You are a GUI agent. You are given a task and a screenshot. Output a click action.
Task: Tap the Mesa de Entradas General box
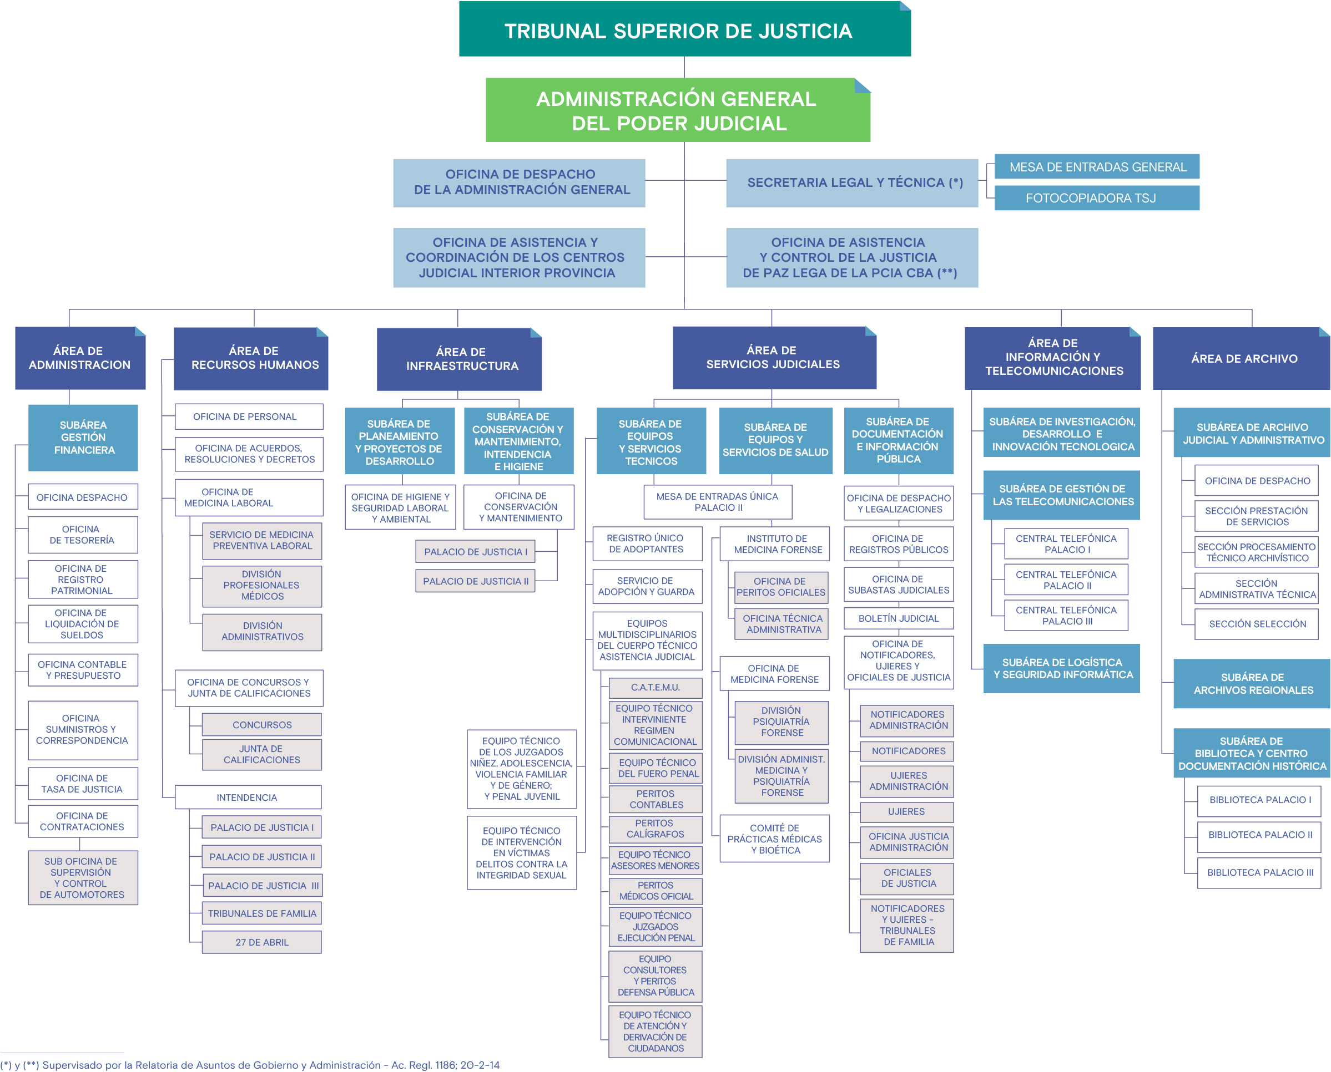pos(1097,167)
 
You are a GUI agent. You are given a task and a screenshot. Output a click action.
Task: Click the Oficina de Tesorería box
pos(83,535)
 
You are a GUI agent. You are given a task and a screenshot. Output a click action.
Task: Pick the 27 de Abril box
pos(261,942)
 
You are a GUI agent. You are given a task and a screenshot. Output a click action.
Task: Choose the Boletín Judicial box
pos(898,618)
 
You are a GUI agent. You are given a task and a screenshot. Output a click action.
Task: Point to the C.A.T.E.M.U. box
pos(655,687)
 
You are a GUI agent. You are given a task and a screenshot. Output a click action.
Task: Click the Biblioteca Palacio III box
pos(1259,872)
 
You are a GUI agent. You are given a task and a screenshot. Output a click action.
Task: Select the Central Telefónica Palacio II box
pos(1066,580)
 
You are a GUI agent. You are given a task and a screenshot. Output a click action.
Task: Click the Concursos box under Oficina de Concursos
pos(262,724)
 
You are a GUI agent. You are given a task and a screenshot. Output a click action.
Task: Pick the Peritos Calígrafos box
pos(655,829)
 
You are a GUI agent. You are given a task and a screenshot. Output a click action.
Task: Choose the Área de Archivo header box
pos(1244,358)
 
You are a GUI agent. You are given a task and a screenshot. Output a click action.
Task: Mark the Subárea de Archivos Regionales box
pos(1253,684)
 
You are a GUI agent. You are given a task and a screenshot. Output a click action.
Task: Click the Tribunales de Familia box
pos(261,913)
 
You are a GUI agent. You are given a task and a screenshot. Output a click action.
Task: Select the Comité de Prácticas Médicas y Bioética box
pos(774,839)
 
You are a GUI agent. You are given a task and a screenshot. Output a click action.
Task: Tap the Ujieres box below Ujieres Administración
pos(906,811)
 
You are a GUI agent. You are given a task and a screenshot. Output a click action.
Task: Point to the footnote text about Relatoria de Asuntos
pos(250,1065)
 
